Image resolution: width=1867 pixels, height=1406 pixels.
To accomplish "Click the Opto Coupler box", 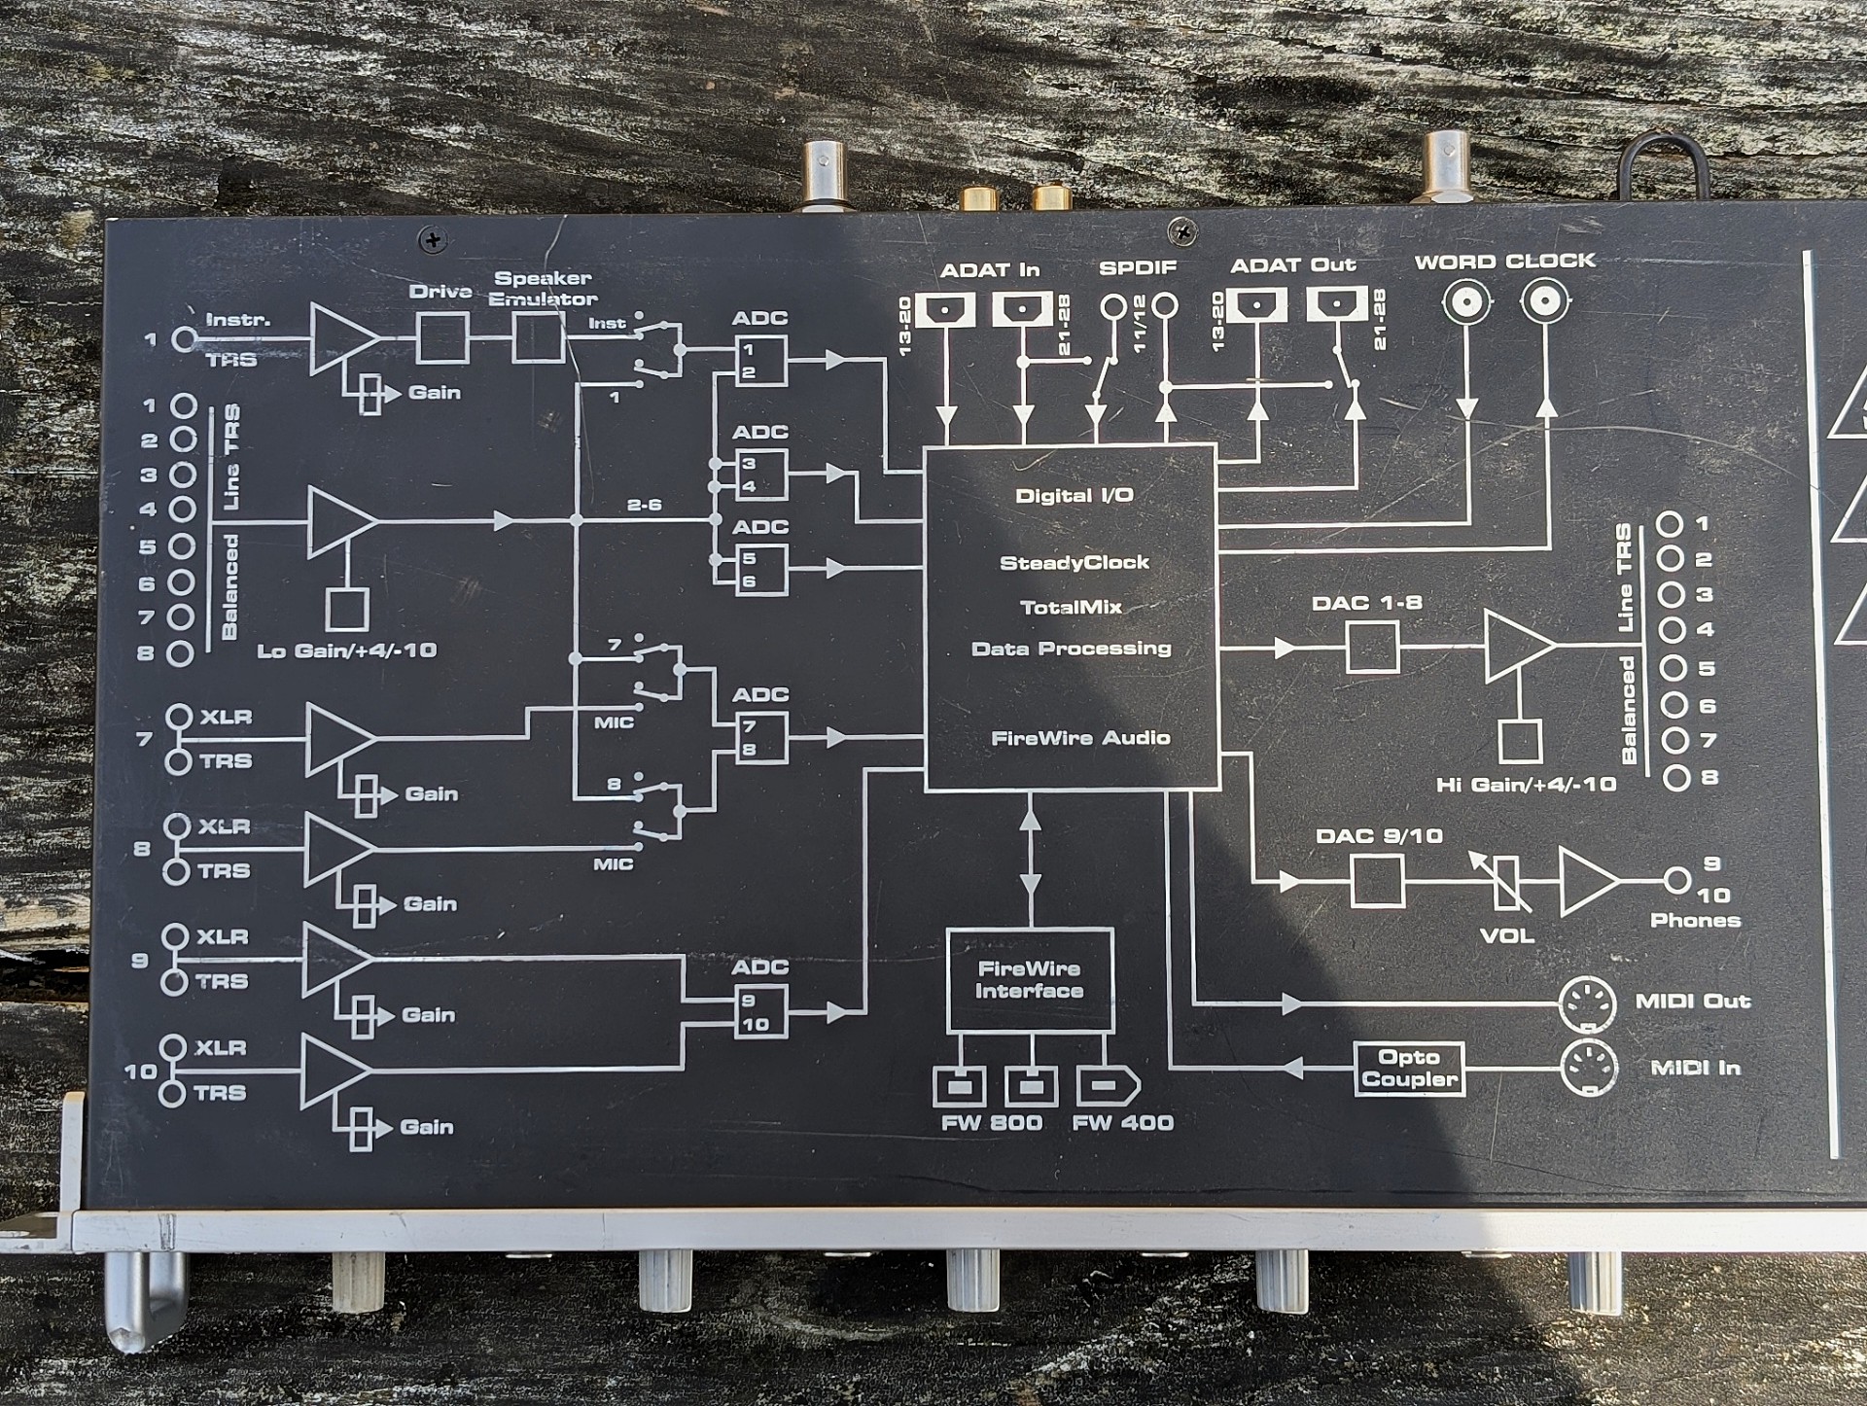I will click(x=1409, y=1069).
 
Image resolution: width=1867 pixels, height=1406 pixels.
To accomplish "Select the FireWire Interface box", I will click(x=1030, y=980).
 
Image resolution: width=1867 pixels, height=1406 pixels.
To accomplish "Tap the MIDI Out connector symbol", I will click(x=1588, y=1003).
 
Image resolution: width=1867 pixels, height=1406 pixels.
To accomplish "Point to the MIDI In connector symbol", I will click(x=1588, y=1069).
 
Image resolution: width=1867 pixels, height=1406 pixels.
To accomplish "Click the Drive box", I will click(x=442, y=337).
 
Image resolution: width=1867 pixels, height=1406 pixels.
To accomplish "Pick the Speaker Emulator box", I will click(x=538, y=337).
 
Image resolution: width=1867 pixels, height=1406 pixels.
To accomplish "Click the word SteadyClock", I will click(x=1074, y=563).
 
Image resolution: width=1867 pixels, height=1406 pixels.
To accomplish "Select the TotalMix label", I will click(x=1071, y=608).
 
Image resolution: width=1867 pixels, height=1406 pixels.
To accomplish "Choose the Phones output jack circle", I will click(x=1676, y=881).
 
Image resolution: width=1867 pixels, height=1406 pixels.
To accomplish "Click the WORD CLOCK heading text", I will click(x=1504, y=262).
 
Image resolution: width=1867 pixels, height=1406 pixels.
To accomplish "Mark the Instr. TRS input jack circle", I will click(x=184, y=339).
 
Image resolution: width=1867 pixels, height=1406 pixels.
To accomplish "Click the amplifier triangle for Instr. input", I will click(x=340, y=337).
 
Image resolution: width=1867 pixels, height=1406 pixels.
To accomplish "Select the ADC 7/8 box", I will click(x=759, y=739).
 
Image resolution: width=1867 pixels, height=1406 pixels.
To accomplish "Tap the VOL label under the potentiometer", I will click(x=1506, y=936).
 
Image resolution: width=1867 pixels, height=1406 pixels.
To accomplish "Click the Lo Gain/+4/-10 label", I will click(x=347, y=651).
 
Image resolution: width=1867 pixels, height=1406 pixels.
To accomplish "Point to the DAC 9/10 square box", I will click(x=1378, y=881).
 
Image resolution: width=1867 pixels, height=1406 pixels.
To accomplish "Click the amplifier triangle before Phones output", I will click(x=1585, y=881).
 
